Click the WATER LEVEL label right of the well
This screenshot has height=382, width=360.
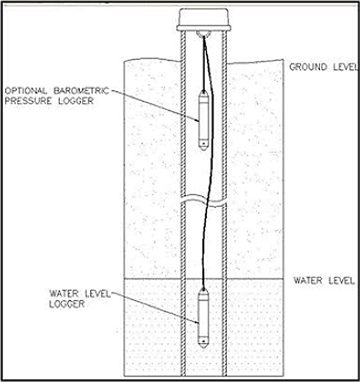coord(320,280)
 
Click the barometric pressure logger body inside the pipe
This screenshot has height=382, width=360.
coord(204,120)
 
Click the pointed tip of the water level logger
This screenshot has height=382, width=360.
coord(204,346)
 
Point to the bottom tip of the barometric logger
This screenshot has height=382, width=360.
coord(204,148)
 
